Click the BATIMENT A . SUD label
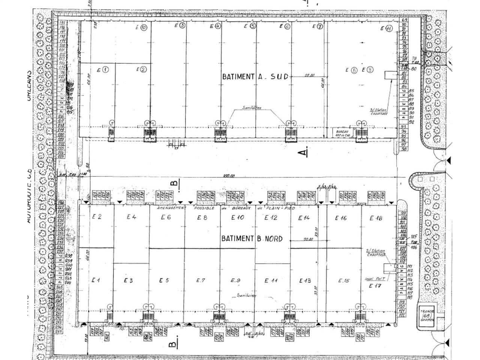pos(255,76)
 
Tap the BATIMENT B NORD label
pos(252,238)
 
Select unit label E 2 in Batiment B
pos(96,216)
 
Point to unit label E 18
pos(375,218)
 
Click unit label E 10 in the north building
pos(238,217)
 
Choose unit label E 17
pos(375,286)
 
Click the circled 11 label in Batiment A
pos(386,28)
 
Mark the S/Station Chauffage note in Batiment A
pos(378,112)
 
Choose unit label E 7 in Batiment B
pos(201,280)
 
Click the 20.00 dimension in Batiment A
pos(309,76)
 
